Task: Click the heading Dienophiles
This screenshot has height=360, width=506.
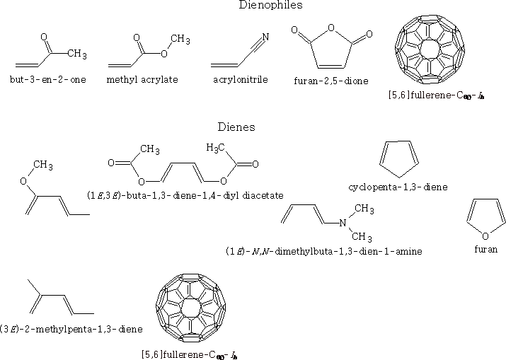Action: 252,6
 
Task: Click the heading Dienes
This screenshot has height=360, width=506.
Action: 236,128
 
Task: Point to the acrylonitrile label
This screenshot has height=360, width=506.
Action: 240,80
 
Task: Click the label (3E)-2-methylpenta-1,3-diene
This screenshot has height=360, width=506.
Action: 72,329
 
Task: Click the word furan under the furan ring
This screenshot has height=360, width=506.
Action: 486,250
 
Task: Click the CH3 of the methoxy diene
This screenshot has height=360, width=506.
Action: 42,165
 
